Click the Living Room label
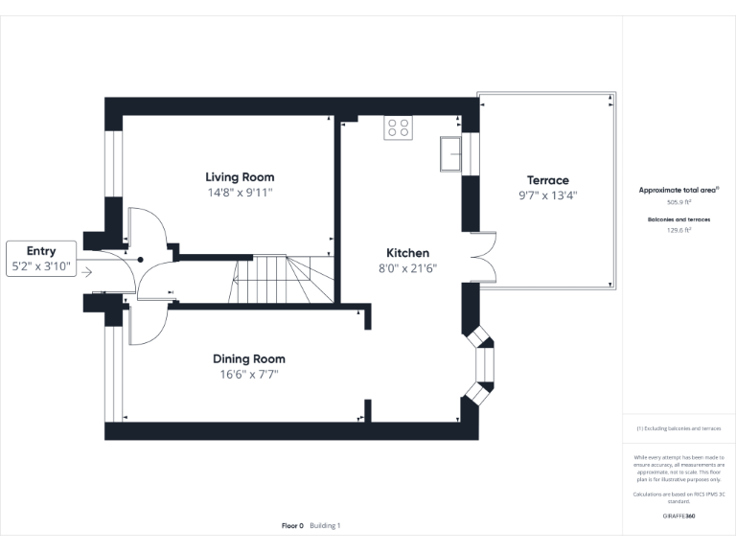(x=240, y=177)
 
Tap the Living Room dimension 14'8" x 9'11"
(x=240, y=192)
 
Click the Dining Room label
(x=248, y=359)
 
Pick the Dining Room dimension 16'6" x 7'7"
(x=248, y=374)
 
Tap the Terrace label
(x=547, y=180)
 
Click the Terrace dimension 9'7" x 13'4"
(x=547, y=195)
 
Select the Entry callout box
(x=40, y=258)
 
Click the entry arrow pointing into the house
(x=87, y=272)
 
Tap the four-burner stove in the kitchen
(x=399, y=127)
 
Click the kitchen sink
(x=450, y=153)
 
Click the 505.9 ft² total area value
(x=678, y=202)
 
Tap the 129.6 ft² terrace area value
(x=678, y=230)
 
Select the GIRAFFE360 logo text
(x=678, y=517)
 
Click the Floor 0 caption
(x=292, y=525)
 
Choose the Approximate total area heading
(x=678, y=190)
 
